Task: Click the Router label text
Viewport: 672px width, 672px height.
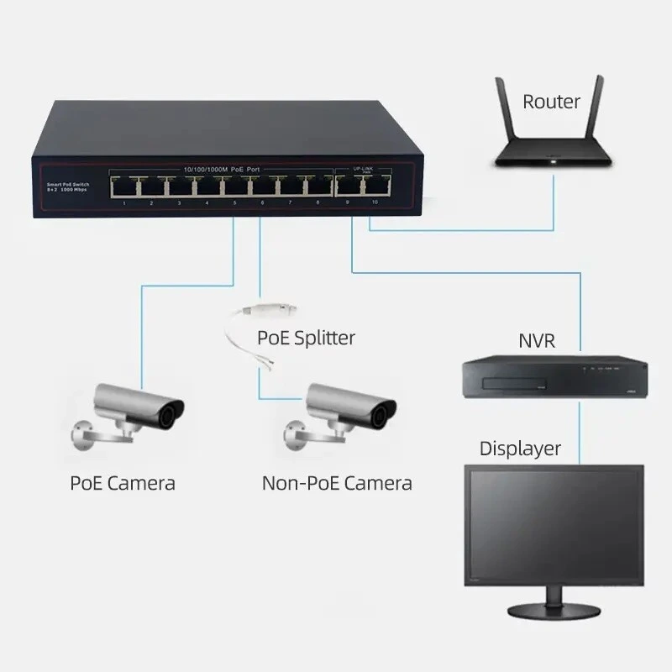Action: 551,102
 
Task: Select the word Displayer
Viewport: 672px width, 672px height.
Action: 520,449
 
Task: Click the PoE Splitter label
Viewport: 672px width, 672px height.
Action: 306,338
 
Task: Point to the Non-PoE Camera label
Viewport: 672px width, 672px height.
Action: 337,483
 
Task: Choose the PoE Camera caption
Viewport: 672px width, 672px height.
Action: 123,483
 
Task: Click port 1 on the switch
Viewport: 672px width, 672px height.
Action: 123,186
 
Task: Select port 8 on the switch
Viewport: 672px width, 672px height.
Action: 318,186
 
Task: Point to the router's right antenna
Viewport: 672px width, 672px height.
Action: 598,109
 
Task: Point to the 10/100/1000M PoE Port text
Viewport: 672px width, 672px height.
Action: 222,170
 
